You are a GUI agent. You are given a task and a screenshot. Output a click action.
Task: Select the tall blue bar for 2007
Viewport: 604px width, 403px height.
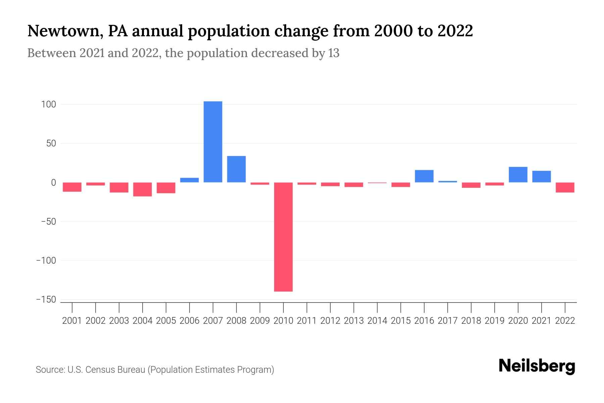point(213,142)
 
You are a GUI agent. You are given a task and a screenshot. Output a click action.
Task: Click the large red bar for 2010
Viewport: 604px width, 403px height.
point(283,237)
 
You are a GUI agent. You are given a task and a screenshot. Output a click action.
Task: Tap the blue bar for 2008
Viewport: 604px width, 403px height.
point(236,169)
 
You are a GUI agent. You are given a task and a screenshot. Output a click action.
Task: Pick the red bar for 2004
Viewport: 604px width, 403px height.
point(143,189)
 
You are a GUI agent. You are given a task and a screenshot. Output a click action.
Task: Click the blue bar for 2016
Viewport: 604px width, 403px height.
point(424,176)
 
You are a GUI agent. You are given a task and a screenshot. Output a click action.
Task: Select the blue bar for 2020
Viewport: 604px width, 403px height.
point(518,175)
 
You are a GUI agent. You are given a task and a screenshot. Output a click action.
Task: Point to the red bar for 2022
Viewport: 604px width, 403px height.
point(565,187)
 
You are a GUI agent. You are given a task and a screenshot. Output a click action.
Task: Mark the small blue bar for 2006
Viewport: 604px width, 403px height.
point(189,180)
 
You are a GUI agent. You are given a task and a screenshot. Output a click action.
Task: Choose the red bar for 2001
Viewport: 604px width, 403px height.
point(72,187)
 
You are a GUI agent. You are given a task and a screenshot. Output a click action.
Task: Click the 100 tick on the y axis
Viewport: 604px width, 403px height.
point(48,104)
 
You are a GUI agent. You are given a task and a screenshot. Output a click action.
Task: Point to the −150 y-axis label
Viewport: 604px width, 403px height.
point(46,299)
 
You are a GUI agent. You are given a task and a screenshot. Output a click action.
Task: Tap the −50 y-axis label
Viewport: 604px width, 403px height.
point(48,222)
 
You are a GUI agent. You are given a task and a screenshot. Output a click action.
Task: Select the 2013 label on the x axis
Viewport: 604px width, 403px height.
point(354,321)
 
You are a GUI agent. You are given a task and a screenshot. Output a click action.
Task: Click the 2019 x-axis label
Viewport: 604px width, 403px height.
point(494,321)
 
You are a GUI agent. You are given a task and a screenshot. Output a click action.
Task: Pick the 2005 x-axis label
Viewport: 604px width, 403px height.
point(166,321)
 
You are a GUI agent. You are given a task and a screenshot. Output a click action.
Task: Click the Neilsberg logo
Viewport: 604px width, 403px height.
point(537,366)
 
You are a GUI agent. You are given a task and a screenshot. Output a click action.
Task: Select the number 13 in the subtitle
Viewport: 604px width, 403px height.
point(334,53)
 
